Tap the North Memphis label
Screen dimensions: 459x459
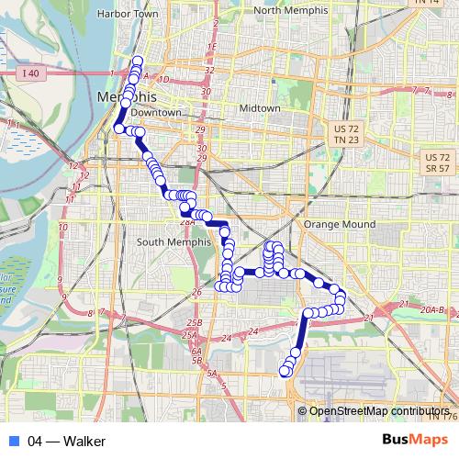pos(291,11)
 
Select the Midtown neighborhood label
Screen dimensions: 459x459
pos(260,108)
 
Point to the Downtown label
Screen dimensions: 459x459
pos(155,112)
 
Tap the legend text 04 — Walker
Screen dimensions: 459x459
pos(66,442)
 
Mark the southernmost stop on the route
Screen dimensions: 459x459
pos(284,372)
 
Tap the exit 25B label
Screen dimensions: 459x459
pos(193,323)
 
